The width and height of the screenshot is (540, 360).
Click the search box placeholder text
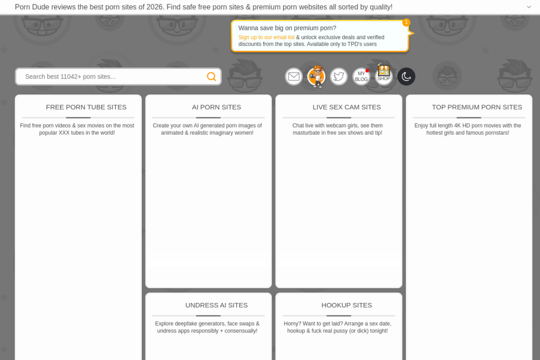point(70,77)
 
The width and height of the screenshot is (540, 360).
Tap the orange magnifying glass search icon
point(211,77)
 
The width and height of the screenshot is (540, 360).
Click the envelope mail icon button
point(294,77)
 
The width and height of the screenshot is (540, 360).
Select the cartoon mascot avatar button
point(316,77)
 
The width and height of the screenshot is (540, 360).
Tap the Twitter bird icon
point(339,77)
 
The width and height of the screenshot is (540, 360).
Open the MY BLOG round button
point(361,77)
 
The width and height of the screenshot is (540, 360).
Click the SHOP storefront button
point(384,75)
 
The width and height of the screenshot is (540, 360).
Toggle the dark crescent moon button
point(406,77)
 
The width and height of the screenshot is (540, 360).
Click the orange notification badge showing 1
point(406,22)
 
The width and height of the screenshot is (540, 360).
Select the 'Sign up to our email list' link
point(266,38)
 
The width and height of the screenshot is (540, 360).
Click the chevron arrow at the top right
point(529,7)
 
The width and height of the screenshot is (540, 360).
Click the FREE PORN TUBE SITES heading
point(86,107)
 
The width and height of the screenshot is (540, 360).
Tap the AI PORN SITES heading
point(216,107)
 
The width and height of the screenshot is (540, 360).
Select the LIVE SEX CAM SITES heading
point(347,107)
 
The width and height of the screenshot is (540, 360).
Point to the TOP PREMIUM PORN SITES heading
point(477,107)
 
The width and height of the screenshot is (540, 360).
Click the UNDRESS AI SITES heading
point(216,305)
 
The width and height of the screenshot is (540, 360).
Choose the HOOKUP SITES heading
point(347,305)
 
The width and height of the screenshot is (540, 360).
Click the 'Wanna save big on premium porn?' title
point(287,28)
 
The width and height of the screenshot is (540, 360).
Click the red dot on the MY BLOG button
point(367,70)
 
